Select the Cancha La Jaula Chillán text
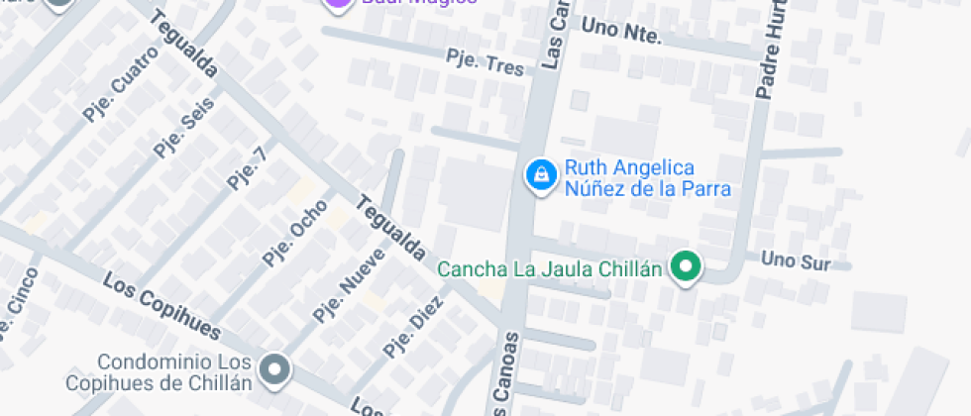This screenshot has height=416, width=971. click(x=549, y=268)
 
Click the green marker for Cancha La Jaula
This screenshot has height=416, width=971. click(x=686, y=265)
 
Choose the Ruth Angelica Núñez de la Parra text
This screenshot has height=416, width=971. click(x=647, y=178)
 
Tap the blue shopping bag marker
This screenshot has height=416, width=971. click(x=540, y=175)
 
